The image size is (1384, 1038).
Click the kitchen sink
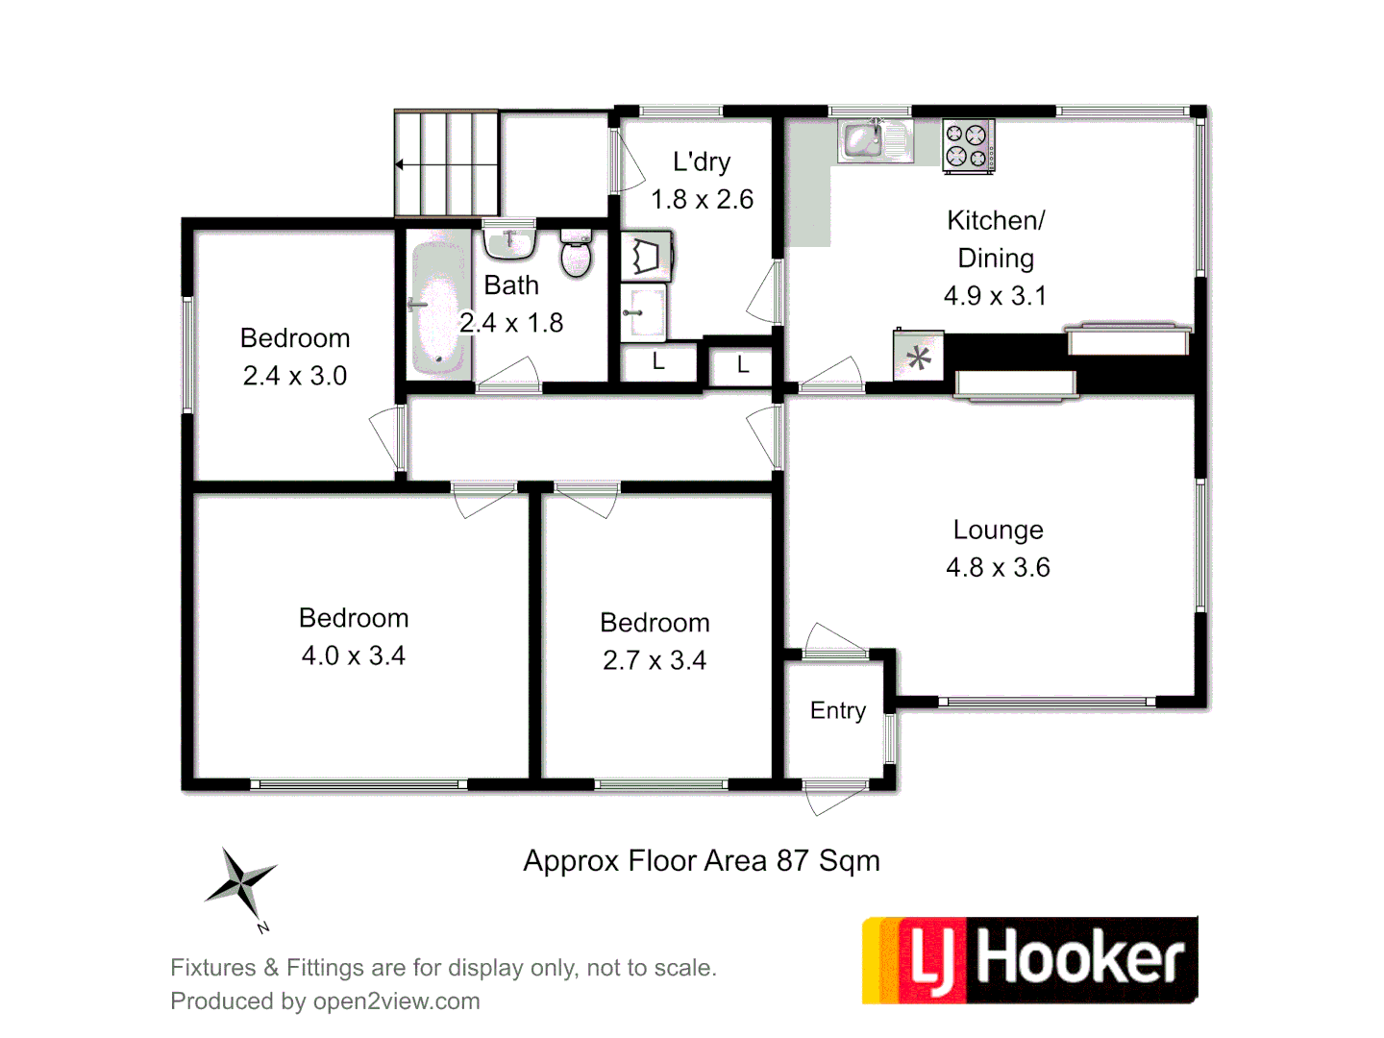[x=874, y=141]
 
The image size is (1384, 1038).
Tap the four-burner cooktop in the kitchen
[x=968, y=146]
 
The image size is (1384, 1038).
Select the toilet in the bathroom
[x=576, y=254]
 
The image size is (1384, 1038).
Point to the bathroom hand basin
[x=508, y=240]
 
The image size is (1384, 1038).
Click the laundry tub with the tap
[x=643, y=310]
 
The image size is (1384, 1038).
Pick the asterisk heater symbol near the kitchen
[x=919, y=358]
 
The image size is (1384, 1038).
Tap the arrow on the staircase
[x=400, y=164]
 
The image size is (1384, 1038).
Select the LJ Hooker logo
[x=1029, y=959]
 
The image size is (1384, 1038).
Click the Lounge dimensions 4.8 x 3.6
[x=998, y=567]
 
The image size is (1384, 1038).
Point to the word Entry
[x=838, y=710]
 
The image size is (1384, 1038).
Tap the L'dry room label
[x=702, y=162]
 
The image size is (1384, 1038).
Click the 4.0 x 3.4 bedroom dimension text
[x=354, y=655]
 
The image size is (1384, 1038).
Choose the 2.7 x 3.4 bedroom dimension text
[x=655, y=660]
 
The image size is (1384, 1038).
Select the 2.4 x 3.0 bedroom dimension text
[x=295, y=376]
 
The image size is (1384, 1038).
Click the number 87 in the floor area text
[x=793, y=860]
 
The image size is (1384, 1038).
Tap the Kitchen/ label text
[x=996, y=221]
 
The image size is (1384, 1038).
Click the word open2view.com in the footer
[x=396, y=1001]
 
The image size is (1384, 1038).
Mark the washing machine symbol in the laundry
[x=646, y=256]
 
